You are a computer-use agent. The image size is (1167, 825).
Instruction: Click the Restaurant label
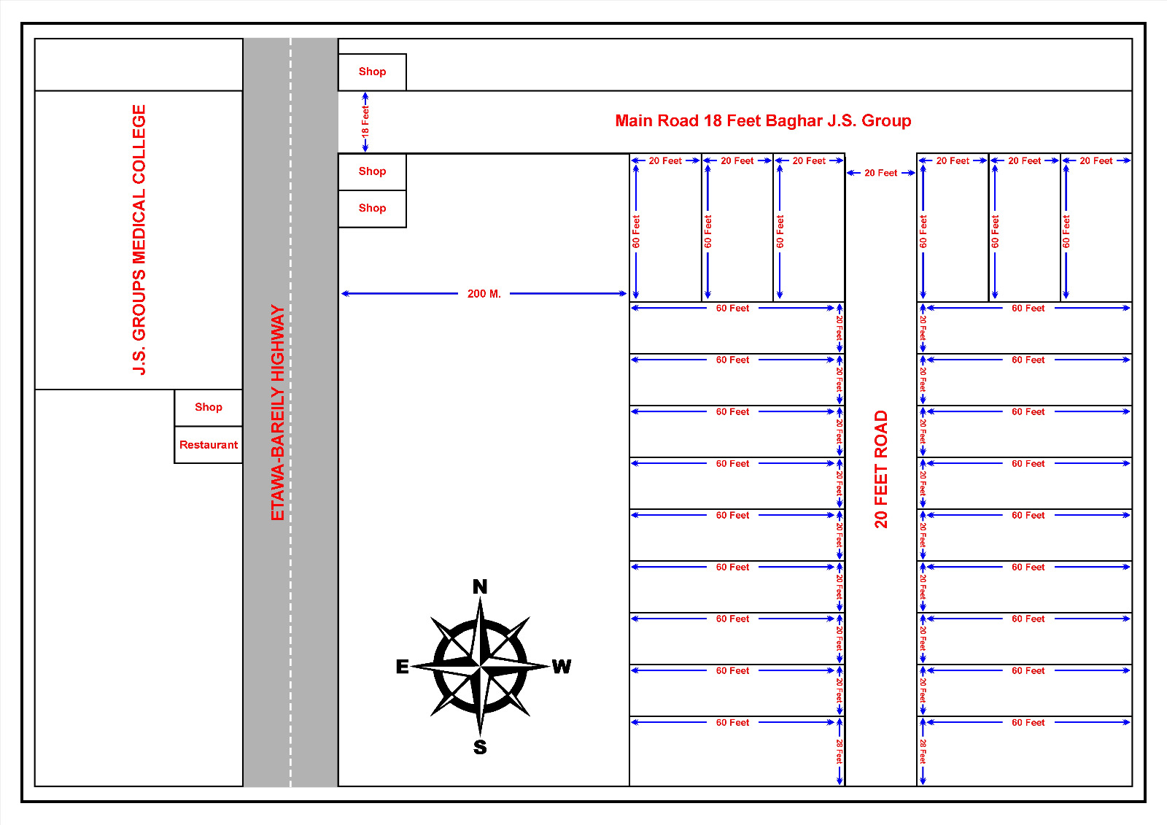click(209, 444)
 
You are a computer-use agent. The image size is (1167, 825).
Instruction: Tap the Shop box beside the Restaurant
click(209, 408)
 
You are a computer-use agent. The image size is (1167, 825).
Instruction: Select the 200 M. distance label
click(484, 294)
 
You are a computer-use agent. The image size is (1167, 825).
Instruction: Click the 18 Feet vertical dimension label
click(365, 121)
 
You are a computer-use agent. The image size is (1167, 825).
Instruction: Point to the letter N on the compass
click(480, 586)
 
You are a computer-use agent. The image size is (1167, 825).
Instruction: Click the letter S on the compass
click(480, 748)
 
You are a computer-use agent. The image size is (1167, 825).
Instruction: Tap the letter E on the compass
click(402, 667)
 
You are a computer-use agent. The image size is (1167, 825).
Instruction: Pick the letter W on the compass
click(562, 667)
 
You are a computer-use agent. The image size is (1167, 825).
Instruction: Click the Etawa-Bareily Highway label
click(278, 413)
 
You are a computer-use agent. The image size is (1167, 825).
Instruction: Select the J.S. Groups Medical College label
click(139, 240)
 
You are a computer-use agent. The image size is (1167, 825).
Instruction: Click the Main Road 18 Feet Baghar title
click(763, 121)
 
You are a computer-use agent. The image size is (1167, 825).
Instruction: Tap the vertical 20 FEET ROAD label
click(880, 469)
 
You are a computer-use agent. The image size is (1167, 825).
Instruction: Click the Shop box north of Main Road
click(372, 72)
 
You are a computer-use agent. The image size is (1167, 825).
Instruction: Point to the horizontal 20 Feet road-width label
click(880, 173)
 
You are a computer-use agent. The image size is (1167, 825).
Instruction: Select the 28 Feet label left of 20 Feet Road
click(840, 751)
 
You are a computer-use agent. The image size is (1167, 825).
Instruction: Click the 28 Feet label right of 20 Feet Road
click(923, 751)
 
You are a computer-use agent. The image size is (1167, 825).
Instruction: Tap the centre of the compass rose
click(480, 666)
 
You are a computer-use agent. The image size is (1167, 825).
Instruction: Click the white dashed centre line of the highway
click(291, 411)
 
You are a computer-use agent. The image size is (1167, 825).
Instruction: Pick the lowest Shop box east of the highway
click(372, 209)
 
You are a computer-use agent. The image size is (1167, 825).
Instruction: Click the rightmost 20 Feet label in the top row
click(1096, 161)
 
